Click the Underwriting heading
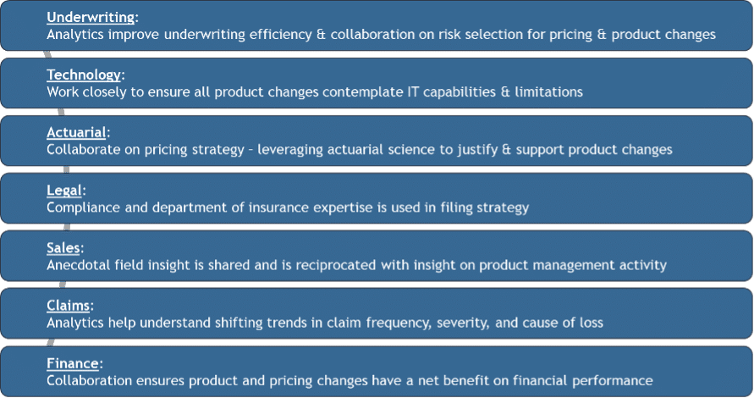(91, 17)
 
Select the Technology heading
(84, 75)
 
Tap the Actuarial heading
(76, 132)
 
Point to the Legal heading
(64, 191)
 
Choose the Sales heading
(63, 248)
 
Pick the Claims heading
(69, 306)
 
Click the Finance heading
(73, 363)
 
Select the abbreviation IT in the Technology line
(413, 92)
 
